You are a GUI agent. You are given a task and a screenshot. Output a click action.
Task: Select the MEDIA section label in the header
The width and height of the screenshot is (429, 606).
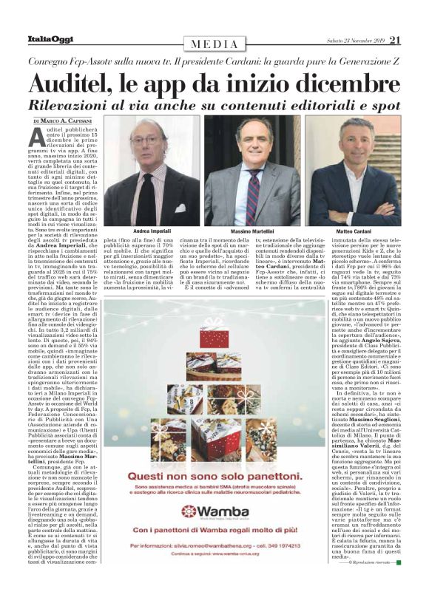214,44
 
